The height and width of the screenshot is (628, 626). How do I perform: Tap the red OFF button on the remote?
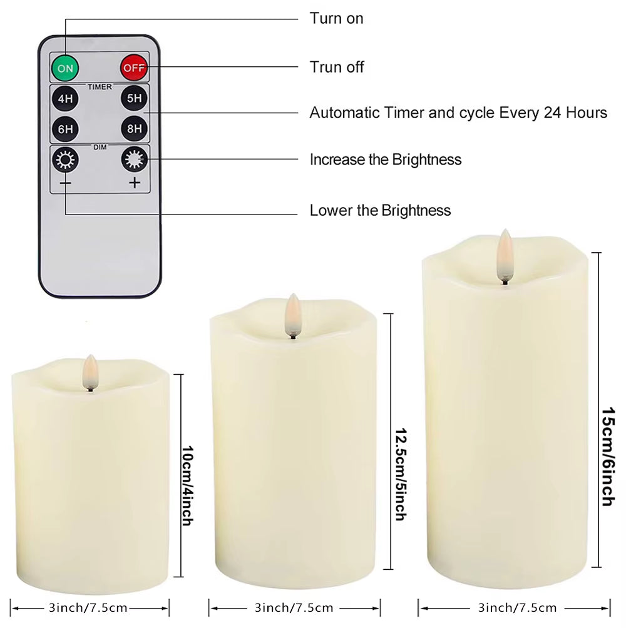click(x=133, y=67)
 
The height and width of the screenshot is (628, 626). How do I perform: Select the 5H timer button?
click(x=133, y=99)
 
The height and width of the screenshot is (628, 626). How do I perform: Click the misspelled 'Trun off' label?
click(x=337, y=67)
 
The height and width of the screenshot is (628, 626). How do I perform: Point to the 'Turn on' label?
click(x=336, y=18)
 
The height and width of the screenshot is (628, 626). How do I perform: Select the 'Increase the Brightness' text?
click(x=385, y=160)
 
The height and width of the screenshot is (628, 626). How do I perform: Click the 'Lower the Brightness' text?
click(x=380, y=210)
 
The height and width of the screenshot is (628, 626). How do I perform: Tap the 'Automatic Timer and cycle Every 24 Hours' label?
click(x=458, y=113)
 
